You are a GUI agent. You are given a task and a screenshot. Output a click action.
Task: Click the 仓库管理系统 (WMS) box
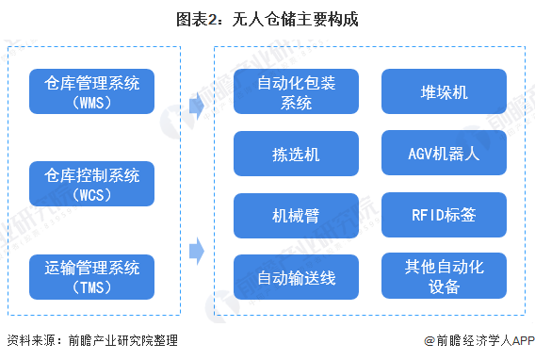(91, 92)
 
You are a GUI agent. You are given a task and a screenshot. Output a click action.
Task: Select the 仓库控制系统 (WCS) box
(91, 184)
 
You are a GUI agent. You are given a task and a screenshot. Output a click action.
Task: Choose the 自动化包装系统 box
(296, 92)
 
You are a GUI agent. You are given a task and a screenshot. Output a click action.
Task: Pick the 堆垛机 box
(444, 92)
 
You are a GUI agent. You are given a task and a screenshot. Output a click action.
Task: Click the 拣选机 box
(296, 154)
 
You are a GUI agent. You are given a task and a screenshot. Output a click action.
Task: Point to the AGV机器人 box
(444, 154)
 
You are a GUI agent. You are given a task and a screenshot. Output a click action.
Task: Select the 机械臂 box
(296, 216)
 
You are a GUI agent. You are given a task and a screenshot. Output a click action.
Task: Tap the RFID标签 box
(444, 216)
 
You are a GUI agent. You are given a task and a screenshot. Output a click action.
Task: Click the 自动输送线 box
(296, 278)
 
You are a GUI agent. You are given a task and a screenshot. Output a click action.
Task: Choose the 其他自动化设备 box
(444, 277)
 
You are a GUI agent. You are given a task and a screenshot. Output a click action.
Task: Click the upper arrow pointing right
(196, 105)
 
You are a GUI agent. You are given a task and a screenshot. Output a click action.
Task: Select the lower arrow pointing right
(196, 251)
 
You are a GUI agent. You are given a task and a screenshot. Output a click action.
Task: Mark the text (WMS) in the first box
(91, 103)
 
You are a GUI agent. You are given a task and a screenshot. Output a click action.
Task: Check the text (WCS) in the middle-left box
(91, 194)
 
